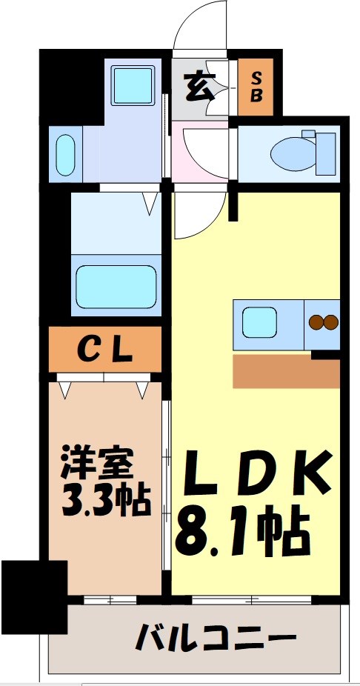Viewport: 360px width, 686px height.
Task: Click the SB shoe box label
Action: coord(256,87)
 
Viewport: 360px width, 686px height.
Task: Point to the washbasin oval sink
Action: coord(64,154)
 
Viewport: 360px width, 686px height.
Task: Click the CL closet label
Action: coord(105,347)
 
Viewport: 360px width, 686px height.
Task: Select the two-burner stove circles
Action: coord(323,322)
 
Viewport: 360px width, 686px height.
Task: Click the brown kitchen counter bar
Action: coord(286,371)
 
